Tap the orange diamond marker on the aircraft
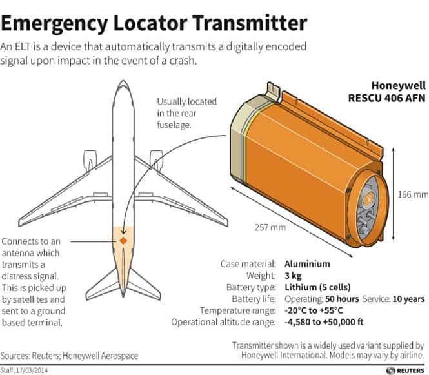pyautogui.click(x=123, y=241)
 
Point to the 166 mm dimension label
pyautogui.click(x=413, y=195)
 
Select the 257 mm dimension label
pyautogui.click(x=270, y=227)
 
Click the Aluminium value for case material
pyautogui.click(x=307, y=264)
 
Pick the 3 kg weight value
pyautogui.click(x=293, y=276)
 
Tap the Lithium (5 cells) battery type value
pyautogui.click(x=317, y=287)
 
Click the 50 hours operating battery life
pyautogui.click(x=342, y=299)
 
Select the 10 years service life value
pyautogui.click(x=408, y=299)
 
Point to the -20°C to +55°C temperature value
pyautogui.click(x=314, y=310)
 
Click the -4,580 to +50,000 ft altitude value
pyautogui.click(x=324, y=322)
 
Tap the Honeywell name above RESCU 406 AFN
pyautogui.click(x=399, y=86)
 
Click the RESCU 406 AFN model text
pyautogui.click(x=386, y=98)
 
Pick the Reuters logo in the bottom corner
pyautogui.click(x=405, y=370)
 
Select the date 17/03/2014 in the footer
pyautogui.click(x=32, y=371)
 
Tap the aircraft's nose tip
pyautogui.click(x=123, y=81)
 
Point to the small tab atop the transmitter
pyautogui.click(x=273, y=90)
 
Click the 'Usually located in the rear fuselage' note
pyautogui.click(x=187, y=114)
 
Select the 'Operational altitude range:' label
pyautogui.click(x=223, y=322)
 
